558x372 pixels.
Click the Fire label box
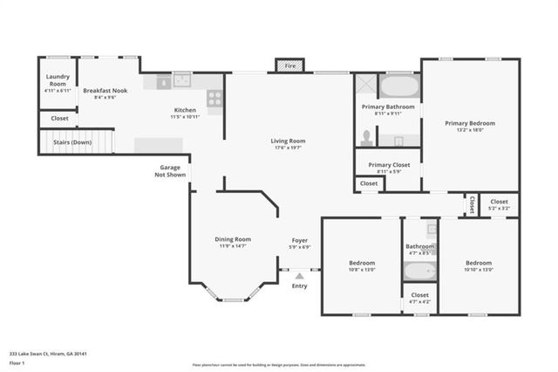click(289, 65)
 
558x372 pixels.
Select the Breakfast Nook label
click(105, 90)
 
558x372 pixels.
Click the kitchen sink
click(182, 81)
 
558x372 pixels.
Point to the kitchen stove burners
click(214, 98)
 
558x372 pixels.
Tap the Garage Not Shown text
click(169, 170)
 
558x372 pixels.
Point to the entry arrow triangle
click(299, 276)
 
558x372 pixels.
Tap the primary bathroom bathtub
click(400, 87)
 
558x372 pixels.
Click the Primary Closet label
click(388, 164)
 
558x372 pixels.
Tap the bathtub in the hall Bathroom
click(419, 271)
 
